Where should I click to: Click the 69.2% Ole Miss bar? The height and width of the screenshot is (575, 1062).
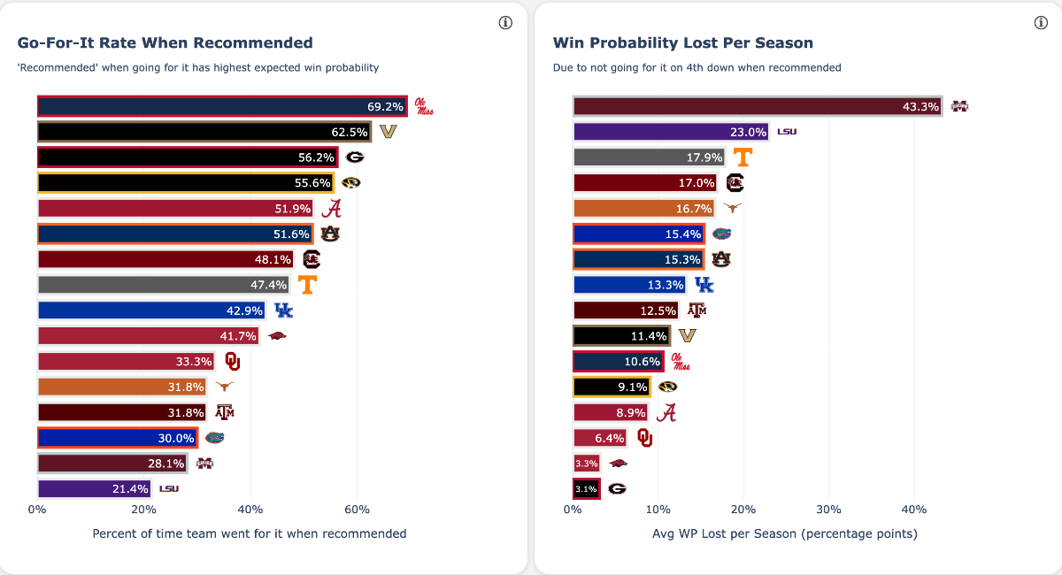point(221,106)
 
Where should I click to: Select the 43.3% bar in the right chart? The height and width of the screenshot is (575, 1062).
point(757,106)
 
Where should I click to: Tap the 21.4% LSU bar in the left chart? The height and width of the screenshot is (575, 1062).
point(95,488)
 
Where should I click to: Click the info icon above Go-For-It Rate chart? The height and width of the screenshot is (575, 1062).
point(506,23)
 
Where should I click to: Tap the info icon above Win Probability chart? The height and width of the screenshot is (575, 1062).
point(1041,23)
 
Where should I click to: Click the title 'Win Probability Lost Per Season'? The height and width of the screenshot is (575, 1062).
point(682,42)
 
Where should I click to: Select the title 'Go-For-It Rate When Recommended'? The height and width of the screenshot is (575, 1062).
point(165,42)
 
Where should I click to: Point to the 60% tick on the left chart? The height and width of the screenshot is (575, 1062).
point(357,510)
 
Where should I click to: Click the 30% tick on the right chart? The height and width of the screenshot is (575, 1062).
point(828,510)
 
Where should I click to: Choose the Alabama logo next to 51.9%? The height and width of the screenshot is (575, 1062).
point(331,209)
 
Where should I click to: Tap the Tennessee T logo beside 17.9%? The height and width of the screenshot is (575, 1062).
point(743,157)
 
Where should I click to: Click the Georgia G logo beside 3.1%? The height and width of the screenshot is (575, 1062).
point(617,488)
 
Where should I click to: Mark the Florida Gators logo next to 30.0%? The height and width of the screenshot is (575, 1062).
point(214,437)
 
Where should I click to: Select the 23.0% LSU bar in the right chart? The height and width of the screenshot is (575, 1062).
point(671,132)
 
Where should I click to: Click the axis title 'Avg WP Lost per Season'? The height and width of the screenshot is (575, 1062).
point(784,533)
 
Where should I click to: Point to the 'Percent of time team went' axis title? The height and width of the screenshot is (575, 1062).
point(249,533)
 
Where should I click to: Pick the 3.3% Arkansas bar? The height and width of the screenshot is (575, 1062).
point(587,463)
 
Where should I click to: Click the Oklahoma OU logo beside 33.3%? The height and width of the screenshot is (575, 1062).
point(232,361)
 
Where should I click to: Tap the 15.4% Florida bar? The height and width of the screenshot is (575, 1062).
point(639,234)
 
